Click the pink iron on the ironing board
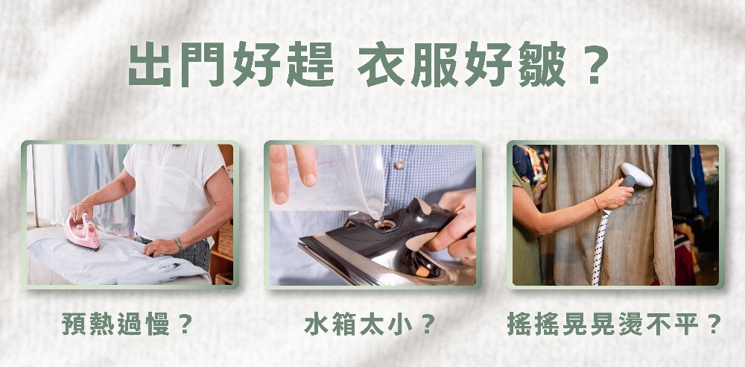[83, 231]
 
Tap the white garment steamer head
[635, 175]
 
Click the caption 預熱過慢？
[127, 324]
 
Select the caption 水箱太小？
[370, 324]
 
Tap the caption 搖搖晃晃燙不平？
[615, 324]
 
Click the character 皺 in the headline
[542, 64]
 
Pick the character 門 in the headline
[203, 64]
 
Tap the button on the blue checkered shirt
[399, 165]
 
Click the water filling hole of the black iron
[385, 224]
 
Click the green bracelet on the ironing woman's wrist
[179, 244]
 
